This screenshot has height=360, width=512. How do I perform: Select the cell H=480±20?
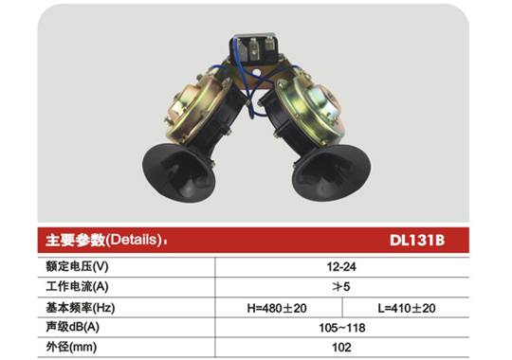(279, 309)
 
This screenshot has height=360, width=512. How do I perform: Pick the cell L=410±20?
(408, 309)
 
